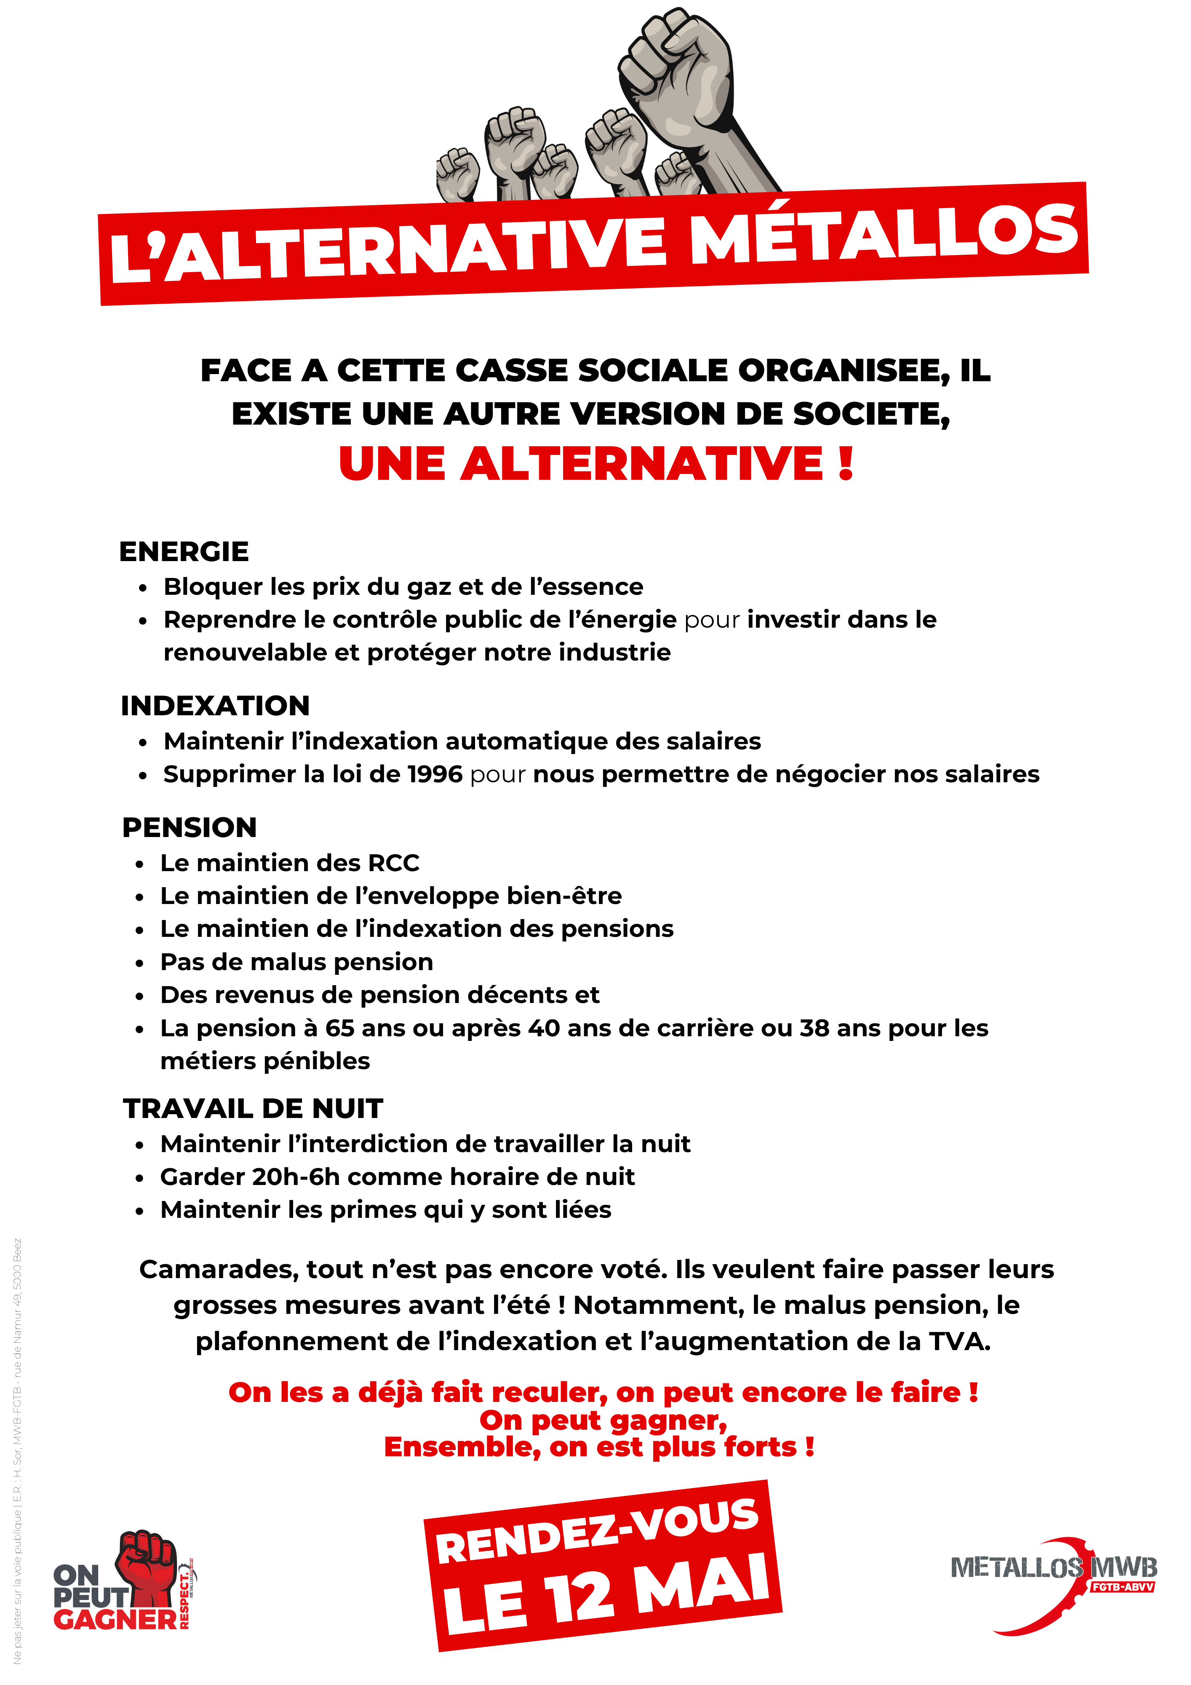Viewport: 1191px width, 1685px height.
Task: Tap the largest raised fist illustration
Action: (679, 88)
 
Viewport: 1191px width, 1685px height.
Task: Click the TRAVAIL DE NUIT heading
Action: (253, 1108)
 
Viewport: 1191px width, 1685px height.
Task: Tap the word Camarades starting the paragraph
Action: (218, 1270)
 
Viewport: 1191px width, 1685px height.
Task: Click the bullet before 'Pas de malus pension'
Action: (139, 963)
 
